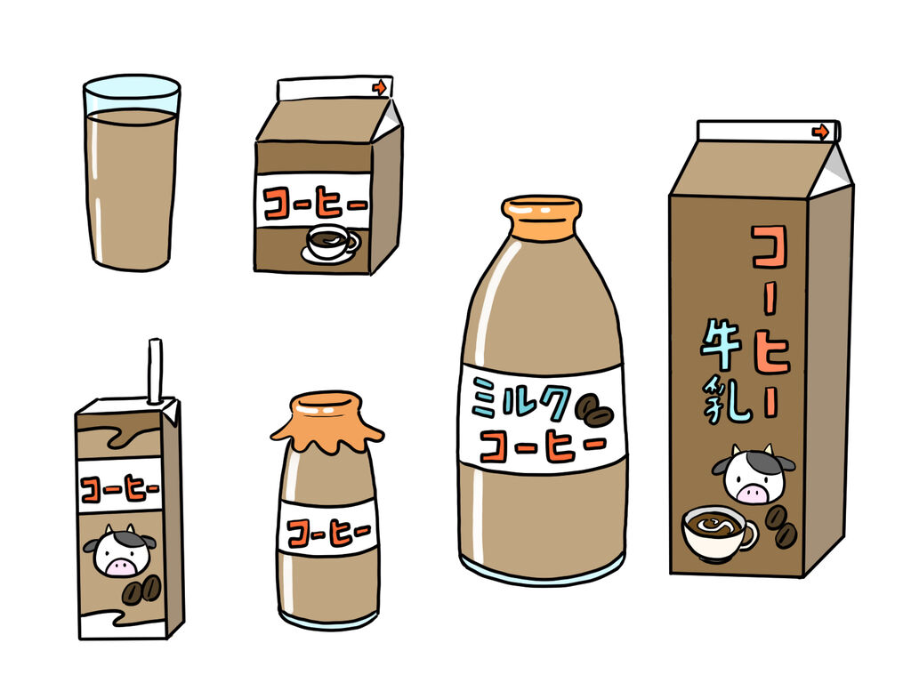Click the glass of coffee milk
(132, 173)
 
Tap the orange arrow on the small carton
(379, 88)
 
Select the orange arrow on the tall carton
(819, 132)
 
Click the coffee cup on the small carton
(330, 244)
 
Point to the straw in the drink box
(155, 371)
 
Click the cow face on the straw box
(120, 550)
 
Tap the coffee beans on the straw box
(141, 591)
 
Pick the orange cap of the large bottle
(542, 218)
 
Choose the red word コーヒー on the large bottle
(543, 445)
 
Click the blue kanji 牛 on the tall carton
(721, 345)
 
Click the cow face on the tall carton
(754, 474)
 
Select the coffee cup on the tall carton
(719, 533)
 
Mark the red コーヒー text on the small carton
(316, 204)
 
